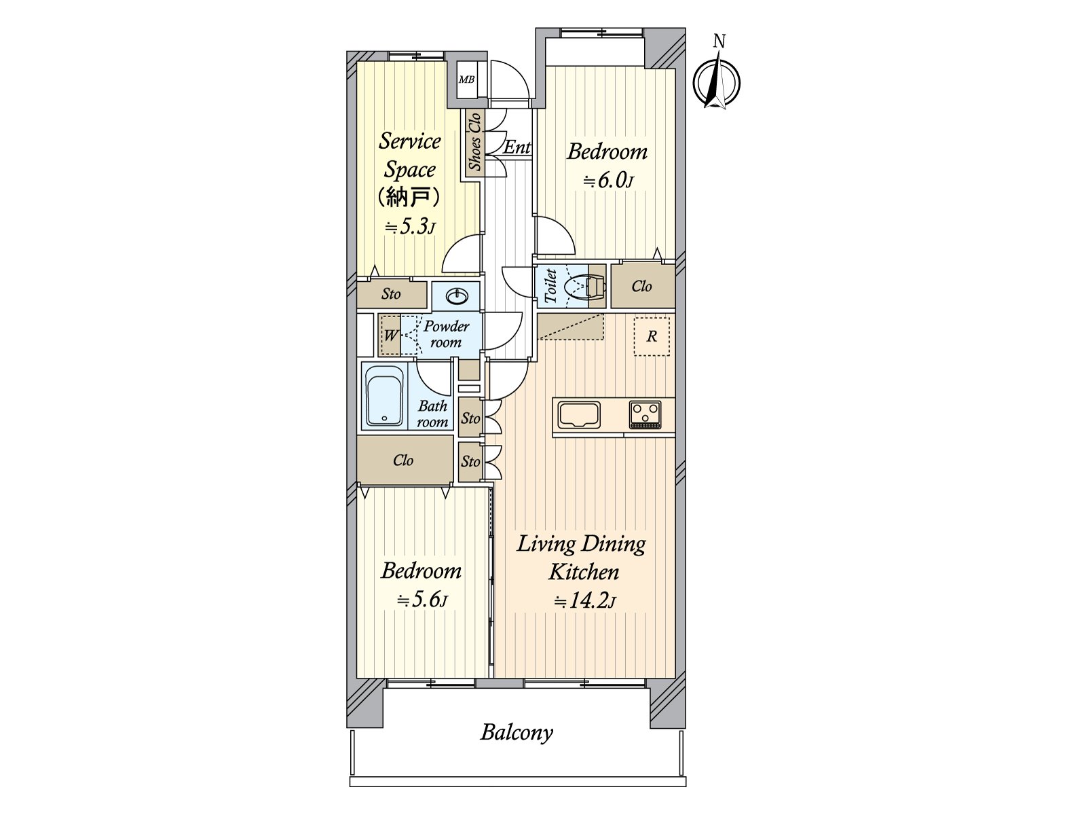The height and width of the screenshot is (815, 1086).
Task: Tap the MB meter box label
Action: pos(466,79)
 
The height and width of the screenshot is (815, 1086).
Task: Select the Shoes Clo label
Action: pos(474,142)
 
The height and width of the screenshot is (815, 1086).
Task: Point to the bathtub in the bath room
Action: pos(384,396)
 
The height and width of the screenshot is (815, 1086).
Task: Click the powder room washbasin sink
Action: pos(455,296)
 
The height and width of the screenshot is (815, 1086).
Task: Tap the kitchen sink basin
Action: pos(578,415)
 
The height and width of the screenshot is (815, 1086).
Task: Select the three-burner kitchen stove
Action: pos(645,414)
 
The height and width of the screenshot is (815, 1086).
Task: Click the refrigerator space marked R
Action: pos(652,336)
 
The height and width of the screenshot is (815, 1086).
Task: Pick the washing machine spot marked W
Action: pos(390,335)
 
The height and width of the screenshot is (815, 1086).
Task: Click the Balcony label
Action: pos(517,733)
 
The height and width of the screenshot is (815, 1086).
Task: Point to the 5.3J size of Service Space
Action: pos(410,227)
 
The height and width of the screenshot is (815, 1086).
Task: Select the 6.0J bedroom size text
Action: pos(607,181)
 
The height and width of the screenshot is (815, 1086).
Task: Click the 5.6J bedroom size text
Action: pos(422,600)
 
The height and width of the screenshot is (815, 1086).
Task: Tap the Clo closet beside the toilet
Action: pos(643,286)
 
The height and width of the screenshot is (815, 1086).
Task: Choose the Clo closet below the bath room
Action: pos(405,460)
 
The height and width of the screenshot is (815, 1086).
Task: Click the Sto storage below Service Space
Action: pos(392,295)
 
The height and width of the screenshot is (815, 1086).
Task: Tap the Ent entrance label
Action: pos(517,147)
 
